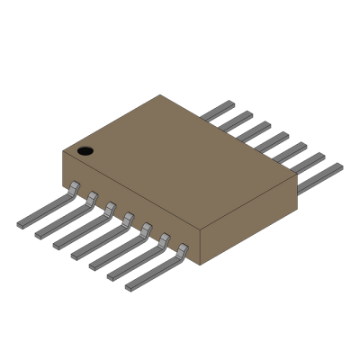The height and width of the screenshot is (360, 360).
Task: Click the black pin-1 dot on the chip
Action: click(x=85, y=150)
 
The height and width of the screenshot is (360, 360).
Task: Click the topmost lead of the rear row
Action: click(x=219, y=110)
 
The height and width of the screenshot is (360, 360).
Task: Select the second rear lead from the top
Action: click(x=237, y=120)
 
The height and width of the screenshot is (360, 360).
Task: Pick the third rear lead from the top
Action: click(x=255, y=130)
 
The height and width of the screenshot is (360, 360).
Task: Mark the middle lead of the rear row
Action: click(x=273, y=141)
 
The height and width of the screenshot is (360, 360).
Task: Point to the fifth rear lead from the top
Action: click(x=290, y=152)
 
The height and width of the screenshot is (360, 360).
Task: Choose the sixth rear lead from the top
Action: click(x=309, y=163)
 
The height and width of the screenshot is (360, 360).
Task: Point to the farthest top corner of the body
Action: click(x=161, y=95)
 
